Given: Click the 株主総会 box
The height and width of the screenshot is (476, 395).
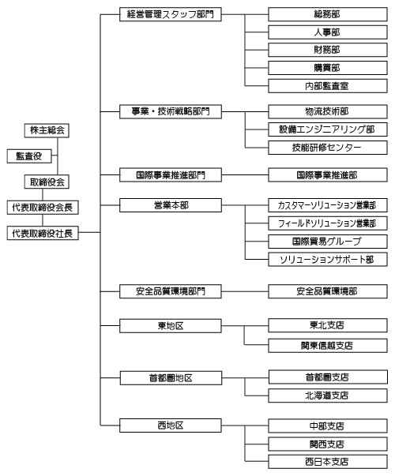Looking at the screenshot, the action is click(47, 130).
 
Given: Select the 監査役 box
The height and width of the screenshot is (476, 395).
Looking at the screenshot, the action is click(29, 156).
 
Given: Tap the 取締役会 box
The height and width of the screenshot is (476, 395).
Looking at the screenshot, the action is click(47, 182).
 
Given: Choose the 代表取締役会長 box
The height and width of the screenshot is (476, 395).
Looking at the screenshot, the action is click(43, 208).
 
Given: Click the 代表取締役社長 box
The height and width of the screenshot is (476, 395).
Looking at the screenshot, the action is click(43, 233).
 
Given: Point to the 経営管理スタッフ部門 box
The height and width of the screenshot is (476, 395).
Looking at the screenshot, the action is click(171, 14).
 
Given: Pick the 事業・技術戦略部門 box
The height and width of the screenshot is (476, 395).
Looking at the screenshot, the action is click(171, 112).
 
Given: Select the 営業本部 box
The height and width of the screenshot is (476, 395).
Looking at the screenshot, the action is click(171, 205).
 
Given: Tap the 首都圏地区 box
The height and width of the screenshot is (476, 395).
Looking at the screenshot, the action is click(171, 378).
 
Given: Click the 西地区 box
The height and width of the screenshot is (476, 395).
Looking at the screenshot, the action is click(171, 425).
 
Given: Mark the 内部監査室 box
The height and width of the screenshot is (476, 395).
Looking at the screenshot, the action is click(328, 86).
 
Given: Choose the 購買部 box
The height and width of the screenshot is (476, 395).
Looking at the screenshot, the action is click(328, 68).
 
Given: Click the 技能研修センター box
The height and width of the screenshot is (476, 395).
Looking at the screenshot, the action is click(328, 148).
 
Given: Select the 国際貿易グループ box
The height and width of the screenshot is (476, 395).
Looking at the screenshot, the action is click(328, 242).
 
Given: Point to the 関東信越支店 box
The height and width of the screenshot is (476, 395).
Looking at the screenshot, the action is click(328, 346).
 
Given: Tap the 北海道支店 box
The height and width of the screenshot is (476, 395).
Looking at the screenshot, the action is click(328, 395).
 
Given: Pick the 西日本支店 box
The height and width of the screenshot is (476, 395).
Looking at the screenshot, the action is click(328, 462).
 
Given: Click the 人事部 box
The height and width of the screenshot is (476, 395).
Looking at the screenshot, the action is click(328, 32).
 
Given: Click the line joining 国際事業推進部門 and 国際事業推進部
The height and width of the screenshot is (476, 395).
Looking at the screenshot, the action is click(245, 175).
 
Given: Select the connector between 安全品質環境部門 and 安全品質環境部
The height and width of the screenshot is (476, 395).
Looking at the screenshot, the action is click(245, 291).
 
